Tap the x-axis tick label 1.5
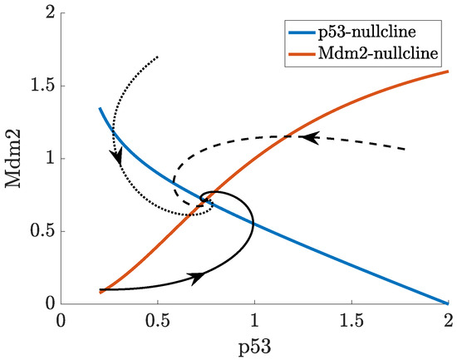[x=351, y=320]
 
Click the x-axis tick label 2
[x=449, y=320]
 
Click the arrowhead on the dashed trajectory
[x=307, y=136]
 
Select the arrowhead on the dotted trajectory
[x=117, y=155]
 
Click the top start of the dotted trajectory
[x=158, y=57]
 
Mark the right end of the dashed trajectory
[x=406, y=150]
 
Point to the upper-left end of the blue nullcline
[x=100, y=108]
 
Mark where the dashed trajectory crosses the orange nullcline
[x=284, y=136]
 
